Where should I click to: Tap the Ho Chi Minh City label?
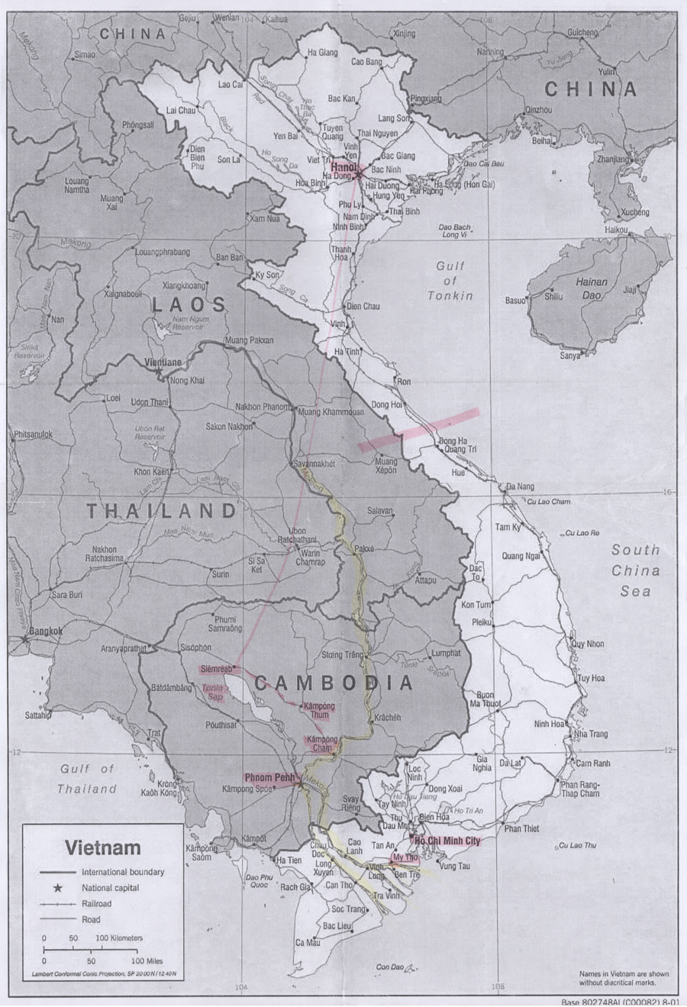[447, 841]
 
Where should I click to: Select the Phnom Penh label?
[269, 777]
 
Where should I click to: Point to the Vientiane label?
[163, 362]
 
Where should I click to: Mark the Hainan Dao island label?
[591, 288]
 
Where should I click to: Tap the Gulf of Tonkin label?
[450, 280]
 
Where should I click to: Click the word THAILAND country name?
[161, 511]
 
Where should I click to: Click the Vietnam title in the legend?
[102, 847]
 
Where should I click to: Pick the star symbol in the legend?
[58, 888]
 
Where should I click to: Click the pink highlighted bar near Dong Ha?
[419, 431]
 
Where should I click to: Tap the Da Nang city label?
[521, 486]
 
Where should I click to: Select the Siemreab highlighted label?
[216, 669]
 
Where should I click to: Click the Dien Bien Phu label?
[198, 157]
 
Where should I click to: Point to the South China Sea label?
[635, 570]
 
